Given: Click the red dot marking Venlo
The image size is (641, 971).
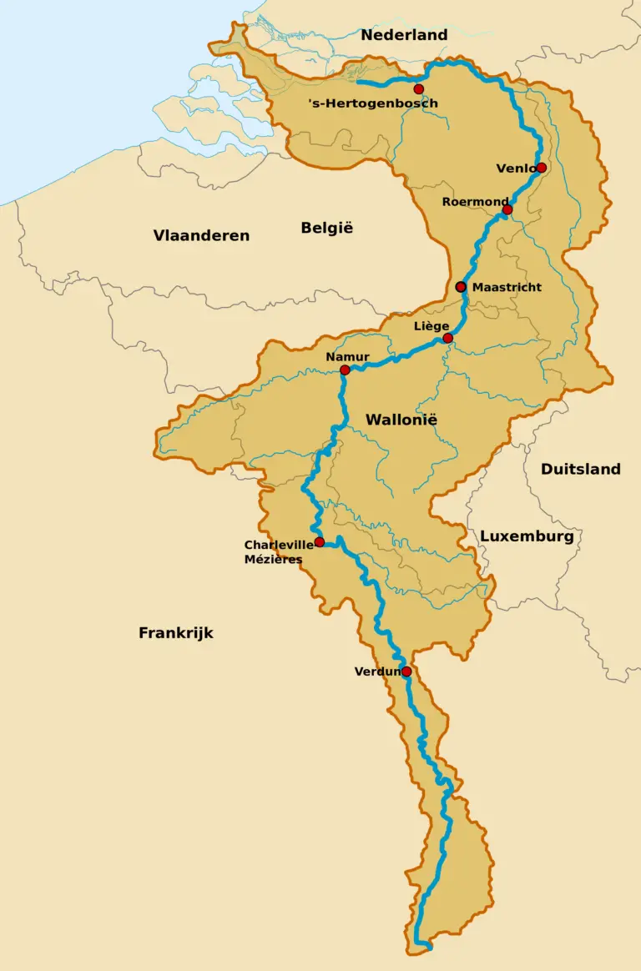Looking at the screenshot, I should [542, 168].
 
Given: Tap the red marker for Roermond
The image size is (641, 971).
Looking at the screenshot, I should [507, 209].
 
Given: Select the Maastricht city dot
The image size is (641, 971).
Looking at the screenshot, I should [461, 286].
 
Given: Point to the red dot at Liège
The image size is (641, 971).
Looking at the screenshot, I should [448, 338].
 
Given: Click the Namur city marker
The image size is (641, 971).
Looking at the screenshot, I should [345, 370].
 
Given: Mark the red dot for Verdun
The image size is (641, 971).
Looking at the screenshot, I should [406, 672].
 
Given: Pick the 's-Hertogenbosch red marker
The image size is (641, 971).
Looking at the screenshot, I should [419, 88].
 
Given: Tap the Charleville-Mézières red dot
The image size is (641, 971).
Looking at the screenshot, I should [320, 542].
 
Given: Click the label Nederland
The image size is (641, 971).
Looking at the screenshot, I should [404, 35].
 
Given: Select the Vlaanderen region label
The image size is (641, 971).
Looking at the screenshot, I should [201, 235].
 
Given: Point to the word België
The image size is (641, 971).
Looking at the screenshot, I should [327, 228].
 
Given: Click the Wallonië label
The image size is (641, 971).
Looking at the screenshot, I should [401, 420].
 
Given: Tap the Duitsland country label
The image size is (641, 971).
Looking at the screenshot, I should [580, 469].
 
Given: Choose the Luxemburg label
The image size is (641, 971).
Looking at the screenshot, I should [527, 536].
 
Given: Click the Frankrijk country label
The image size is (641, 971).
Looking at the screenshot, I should [175, 633].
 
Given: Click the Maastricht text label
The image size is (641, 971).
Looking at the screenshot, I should [507, 287].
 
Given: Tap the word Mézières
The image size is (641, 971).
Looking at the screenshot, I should [273, 559].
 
